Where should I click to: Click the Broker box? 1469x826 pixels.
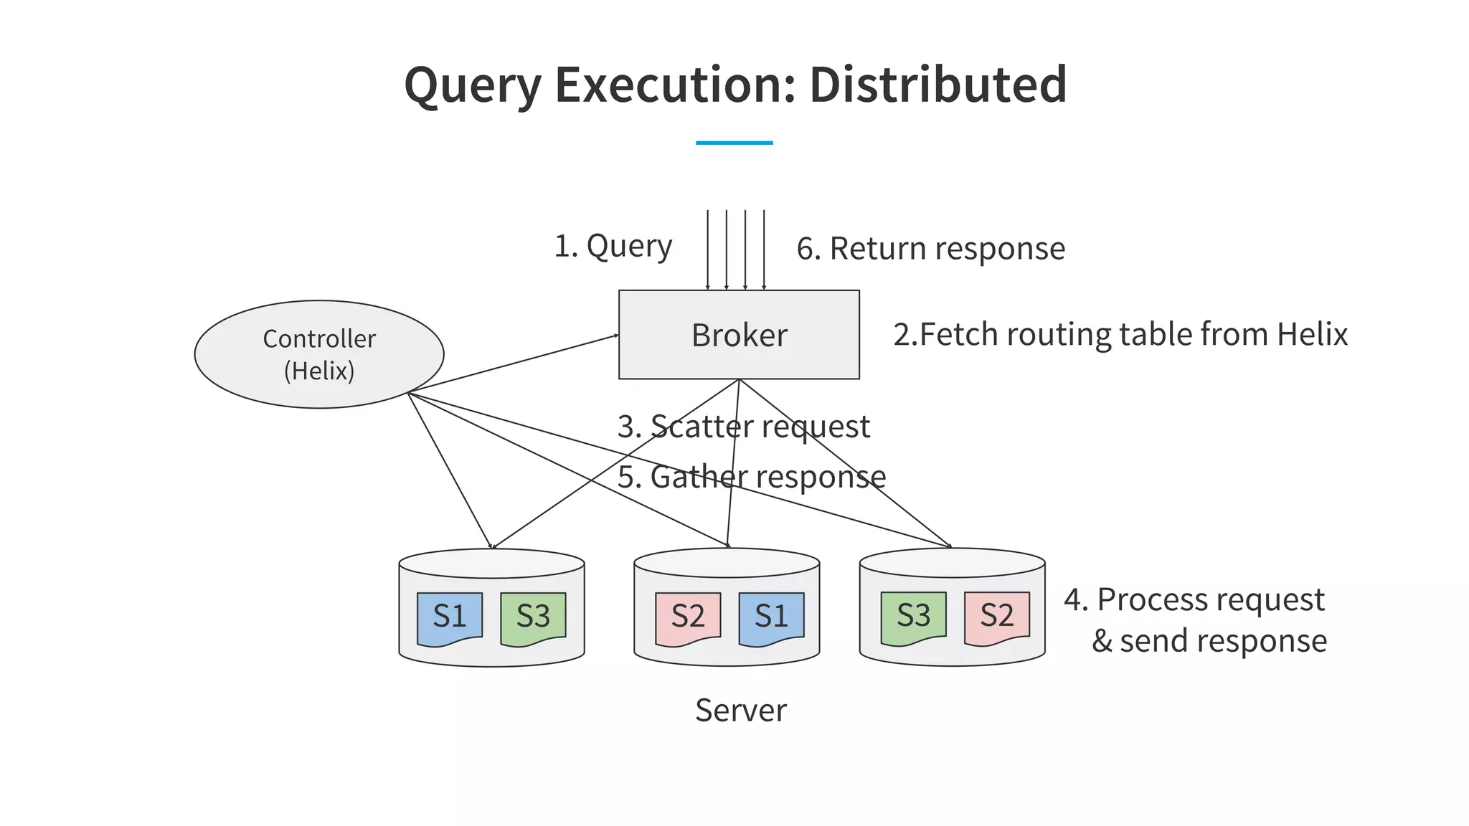[x=739, y=334]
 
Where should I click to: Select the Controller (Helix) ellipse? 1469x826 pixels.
[x=319, y=354]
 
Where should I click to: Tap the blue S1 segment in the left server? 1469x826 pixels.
[x=450, y=617]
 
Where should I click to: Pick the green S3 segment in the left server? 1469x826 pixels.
[x=533, y=617]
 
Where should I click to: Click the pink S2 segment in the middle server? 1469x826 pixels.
[x=688, y=617]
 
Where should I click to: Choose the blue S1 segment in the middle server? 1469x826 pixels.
[x=771, y=617]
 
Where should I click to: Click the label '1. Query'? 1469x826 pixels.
[x=613, y=247]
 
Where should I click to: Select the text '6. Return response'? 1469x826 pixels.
[x=930, y=249]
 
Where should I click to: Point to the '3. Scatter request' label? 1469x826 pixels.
[x=743, y=427]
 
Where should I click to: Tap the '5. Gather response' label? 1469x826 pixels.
[x=751, y=478]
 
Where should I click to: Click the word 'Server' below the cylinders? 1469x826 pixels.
[x=740, y=711]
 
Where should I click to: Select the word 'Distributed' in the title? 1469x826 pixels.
[x=937, y=85]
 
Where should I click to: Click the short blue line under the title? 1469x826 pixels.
[x=734, y=143]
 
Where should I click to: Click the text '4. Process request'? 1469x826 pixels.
[x=1194, y=600]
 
